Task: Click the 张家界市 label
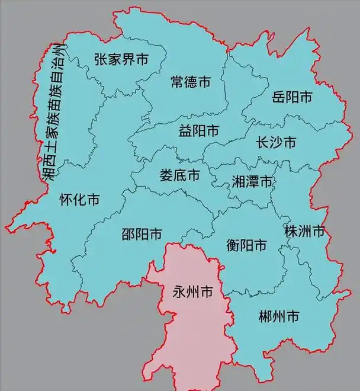pyautogui.click(x=121, y=59)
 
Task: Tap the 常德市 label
pyautogui.click(x=190, y=82)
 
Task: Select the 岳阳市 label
pyautogui.click(x=292, y=97)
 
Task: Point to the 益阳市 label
pyautogui.click(x=198, y=131)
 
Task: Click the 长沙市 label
pyautogui.click(x=275, y=143)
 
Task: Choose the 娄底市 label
pyautogui.click(x=179, y=175)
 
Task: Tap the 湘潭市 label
pyautogui.click(x=252, y=181)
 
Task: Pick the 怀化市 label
pyautogui.click(x=79, y=200)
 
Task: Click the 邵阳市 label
pyautogui.click(x=142, y=234)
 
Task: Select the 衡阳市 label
pyautogui.click(x=246, y=244)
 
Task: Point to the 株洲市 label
pyautogui.click(x=305, y=231)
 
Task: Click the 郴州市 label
pyautogui.click(x=278, y=317)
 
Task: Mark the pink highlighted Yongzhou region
pyautogui.click(x=189, y=332)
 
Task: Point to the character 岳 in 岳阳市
pyautogui.click(x=278, y=97)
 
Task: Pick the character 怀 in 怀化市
pyautogui.click(x=66, y=200)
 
